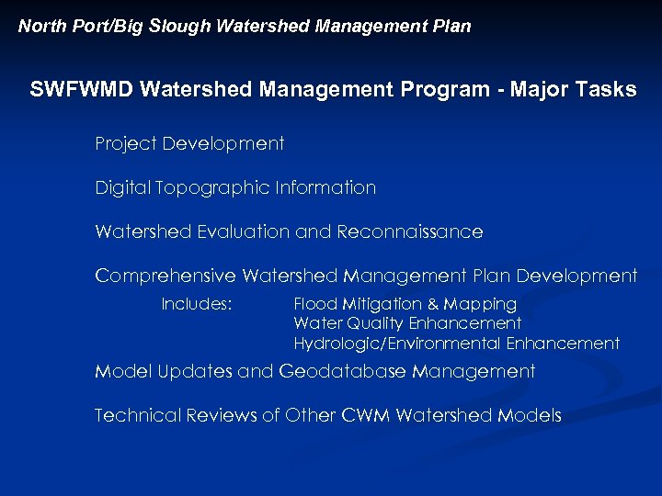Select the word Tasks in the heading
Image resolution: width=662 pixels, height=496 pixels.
[x=605, y=90]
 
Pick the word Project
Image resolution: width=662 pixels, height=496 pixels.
[x=125, y=144]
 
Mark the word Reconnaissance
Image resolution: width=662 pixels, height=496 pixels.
[x=409, y=232]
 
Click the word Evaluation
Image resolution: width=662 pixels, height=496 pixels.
[x=243, y=232]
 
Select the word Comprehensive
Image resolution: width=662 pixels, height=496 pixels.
[x=165, y=276]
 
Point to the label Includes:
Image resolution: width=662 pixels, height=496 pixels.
[x=196, y=304]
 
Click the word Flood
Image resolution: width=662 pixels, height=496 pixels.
[x=314, y=304]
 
